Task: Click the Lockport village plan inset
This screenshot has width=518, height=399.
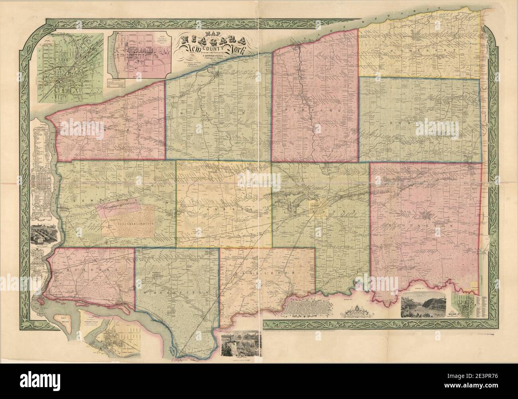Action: click(69, 67)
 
